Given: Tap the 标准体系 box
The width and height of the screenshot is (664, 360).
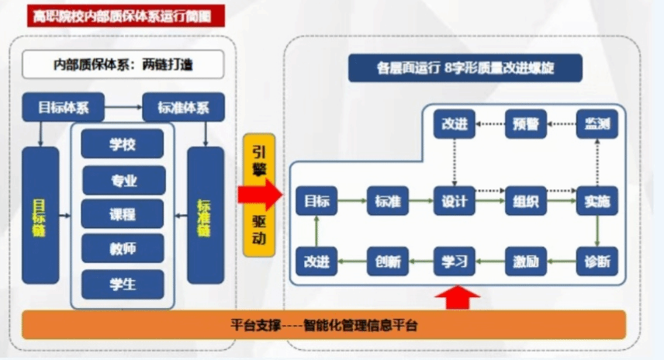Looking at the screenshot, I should pos(184,106).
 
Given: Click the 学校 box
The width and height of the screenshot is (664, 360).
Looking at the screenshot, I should pos(123,144).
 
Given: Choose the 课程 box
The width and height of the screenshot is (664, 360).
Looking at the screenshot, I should pos(123,214).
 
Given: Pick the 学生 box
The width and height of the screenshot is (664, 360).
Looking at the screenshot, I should pos(123,285).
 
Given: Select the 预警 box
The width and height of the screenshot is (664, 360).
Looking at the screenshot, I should pos(527,123).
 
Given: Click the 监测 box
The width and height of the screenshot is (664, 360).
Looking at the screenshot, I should pos(597,123).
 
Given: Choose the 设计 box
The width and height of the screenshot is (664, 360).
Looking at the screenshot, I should pos(454,202).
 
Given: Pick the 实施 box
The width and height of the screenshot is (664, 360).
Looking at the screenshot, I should pos(597,202).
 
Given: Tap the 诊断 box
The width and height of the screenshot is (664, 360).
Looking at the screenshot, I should pos(597,261).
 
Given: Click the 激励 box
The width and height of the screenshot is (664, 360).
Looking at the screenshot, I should pos(525,261).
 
